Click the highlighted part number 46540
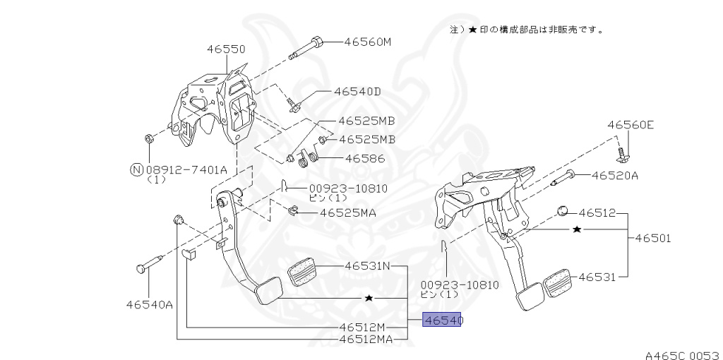(442, 320)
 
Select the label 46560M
(367, 42)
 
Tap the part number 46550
(226, 49)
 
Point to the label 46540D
(357, 91)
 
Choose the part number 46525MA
(348, 212)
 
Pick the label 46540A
(150, 305)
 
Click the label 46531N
(367, 266)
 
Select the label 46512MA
(366, 339)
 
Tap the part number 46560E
(631, 125)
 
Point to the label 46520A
(614, 175)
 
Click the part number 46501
(652, 238)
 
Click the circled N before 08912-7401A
(136, 169)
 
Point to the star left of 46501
(577, 229)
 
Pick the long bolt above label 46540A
(150, 264)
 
